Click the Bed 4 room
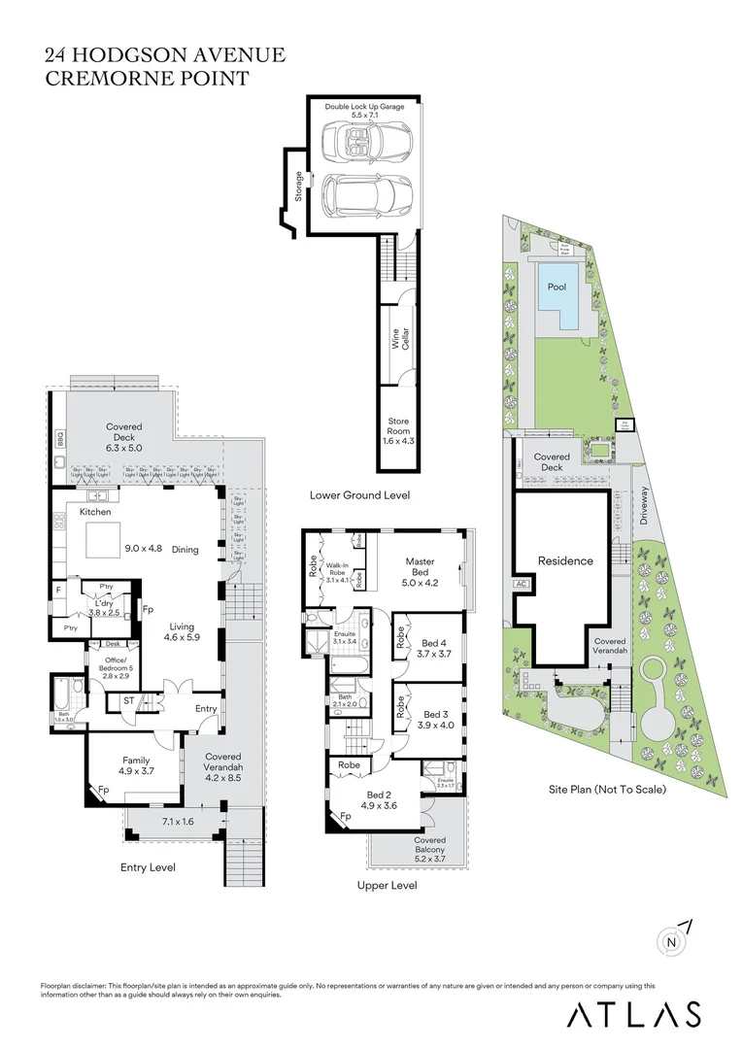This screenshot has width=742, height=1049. point(435,648)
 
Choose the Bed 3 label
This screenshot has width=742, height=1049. point(435,719)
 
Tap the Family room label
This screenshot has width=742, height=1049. point(135,766)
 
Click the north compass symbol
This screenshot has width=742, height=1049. point(672,939)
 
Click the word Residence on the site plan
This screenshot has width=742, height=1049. point(565,560)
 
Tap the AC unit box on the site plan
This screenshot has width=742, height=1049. point(521,585)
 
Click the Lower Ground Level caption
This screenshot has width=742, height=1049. point(359,495)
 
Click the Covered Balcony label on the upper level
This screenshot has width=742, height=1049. point(429,846)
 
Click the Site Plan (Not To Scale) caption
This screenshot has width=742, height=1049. point(606,790)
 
